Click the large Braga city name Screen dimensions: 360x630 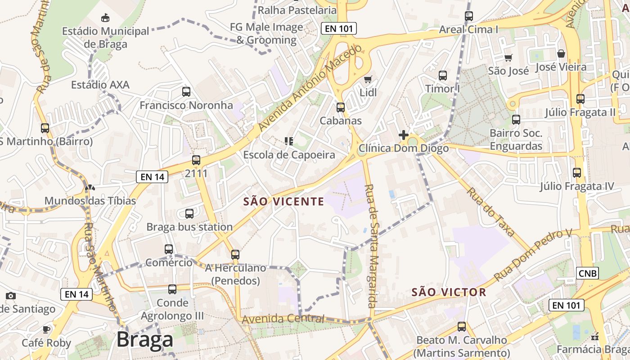[x=144, y=340]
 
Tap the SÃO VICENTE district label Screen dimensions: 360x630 [x=283, y=202]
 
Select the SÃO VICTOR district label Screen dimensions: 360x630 [x=449, y=292]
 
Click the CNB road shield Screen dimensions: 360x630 [x=588, y=273]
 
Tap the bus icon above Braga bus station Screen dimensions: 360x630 [x=189, y=214]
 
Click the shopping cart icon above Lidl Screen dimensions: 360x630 [x=368, y=80]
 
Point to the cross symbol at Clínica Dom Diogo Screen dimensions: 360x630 [x=403, y=135]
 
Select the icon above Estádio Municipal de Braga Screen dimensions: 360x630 [x=105, y=18]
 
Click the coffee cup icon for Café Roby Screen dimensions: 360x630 [x=46, y=329]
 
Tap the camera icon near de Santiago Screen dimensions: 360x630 [x=11, y=296]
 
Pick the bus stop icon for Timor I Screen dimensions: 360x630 [x=443, y=75]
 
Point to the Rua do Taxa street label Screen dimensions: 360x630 [x=490, y=211]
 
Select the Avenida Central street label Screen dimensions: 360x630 [x=283, y=319]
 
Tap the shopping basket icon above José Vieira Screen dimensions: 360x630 [x=561, y=54]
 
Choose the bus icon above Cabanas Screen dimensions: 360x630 [x=341, y=108]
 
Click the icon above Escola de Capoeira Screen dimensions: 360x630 [x=289, y=141]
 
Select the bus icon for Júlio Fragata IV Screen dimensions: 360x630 [x=577, y=172]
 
